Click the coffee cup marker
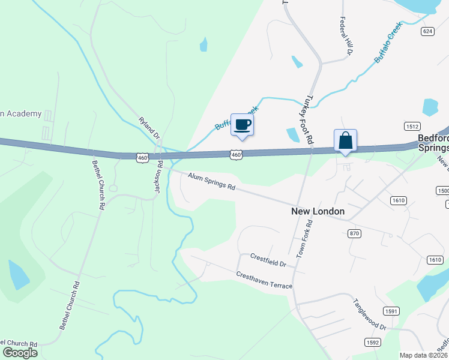pos(242,125)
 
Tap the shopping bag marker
pos(345,141)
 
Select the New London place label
pos(318,211)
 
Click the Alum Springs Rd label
pos(211,181)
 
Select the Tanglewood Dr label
pos(370,314)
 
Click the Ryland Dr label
pos(149,128)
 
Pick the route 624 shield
pos(427,31)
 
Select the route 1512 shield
pos(412,127)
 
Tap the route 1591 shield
pos(391,311)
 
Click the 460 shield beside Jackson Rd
pos(142,157)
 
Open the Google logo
pos(19,353)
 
